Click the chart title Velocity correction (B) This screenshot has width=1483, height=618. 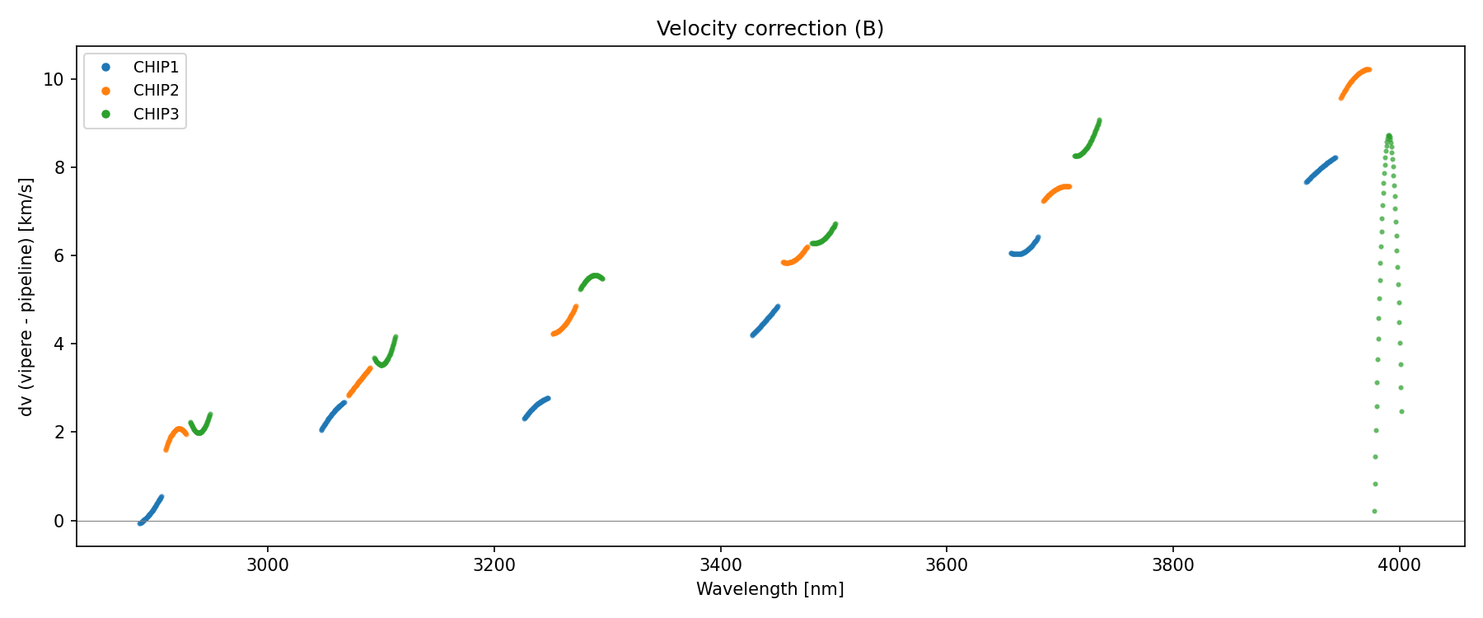click(x=770, y=29)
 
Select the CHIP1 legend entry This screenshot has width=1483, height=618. click(x=156, y=68)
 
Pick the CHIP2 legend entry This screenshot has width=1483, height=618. click(x=156, y=91)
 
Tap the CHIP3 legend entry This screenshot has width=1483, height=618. click(x=156, y=115)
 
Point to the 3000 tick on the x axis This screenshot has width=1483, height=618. click(x=268, y=565)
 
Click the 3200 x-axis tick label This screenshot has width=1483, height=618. click(x=494, y=565)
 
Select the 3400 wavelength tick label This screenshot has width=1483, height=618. click(x=720, y=565)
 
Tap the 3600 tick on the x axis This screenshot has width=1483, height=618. click(x=947, y=565)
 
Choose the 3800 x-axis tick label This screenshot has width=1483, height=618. click(x=1172, y=565)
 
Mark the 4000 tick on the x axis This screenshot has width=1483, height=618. click(x=1399, y=565)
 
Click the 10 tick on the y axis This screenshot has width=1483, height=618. click(x=55, y=80)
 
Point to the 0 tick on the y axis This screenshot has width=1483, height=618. click(x=59, y=521)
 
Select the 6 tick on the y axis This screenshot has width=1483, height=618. click(x=59, y=256)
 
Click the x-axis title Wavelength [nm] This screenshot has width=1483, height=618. click(x=770, y=589)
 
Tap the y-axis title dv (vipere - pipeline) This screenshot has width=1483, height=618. click(x=26, y=297)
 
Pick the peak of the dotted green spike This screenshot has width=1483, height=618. click(x=1388, y=136)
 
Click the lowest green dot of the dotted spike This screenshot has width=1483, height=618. click(x=1374, y=512)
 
